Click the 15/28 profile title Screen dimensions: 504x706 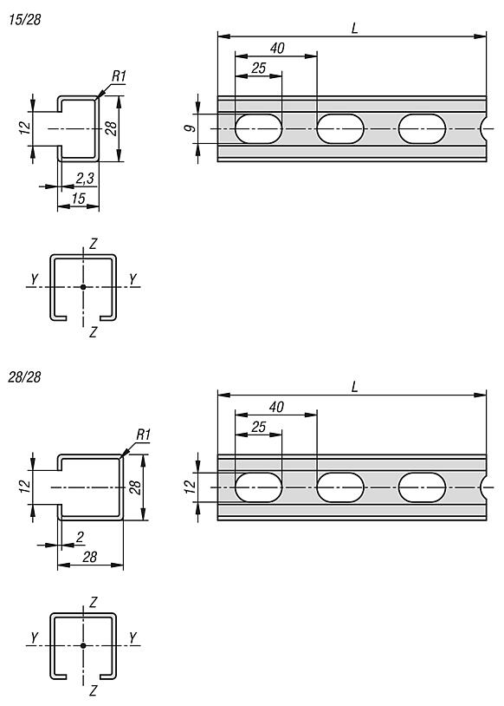(25, 20)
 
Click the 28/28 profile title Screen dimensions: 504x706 (25, 377)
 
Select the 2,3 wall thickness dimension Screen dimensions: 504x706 (85, 179)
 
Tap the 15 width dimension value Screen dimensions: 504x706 (79, 198)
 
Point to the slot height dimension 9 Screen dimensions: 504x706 (191, 128)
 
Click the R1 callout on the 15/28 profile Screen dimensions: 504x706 (119, 76)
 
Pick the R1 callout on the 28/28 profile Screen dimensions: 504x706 (143, 435)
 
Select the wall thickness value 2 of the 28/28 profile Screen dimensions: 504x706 (80, 537)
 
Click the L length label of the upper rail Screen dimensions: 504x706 (355, 29)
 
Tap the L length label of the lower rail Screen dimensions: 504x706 (355, 387)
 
